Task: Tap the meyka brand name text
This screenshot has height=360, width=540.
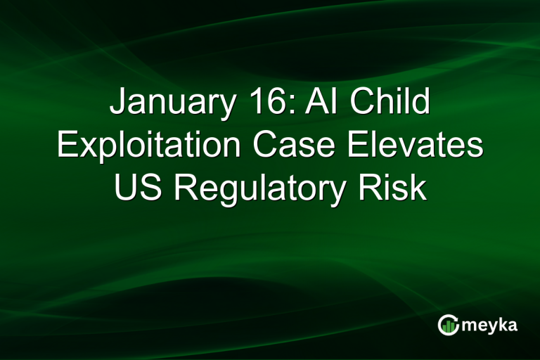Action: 491,326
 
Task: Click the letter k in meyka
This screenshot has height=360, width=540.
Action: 502,324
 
